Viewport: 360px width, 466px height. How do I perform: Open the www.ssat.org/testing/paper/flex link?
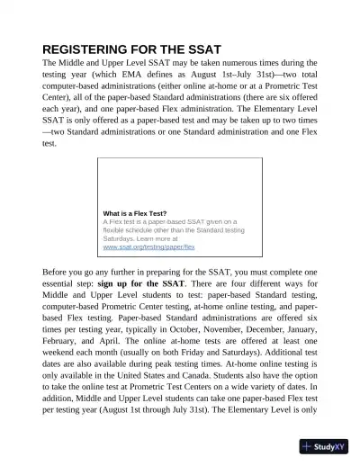point(149,246)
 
